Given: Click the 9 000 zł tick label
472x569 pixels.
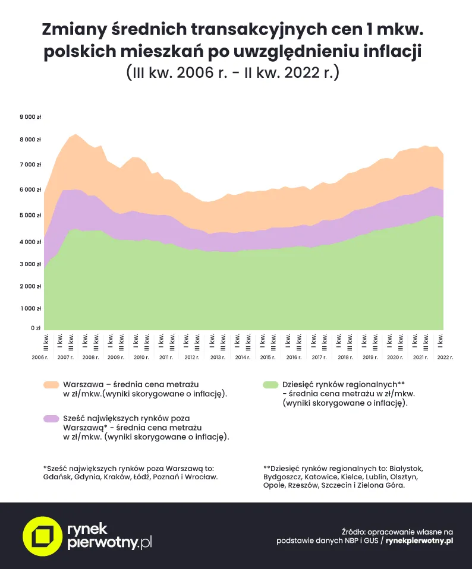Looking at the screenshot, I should (30, 117).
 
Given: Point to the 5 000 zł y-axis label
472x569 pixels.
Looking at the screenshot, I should (30, 215).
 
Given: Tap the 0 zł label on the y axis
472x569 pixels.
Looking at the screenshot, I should (35, 327).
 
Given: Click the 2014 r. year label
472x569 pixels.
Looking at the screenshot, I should (243, 358).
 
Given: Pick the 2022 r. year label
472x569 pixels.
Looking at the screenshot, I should (445, 358).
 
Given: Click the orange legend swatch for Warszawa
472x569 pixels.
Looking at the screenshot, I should (51, 385).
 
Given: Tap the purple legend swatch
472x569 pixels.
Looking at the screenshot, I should (51, 419).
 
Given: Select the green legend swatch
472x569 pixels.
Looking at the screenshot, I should (270, 385).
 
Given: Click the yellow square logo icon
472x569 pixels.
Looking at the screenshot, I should (42, 536).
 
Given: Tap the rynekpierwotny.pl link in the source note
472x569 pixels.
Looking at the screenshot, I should (419, 541).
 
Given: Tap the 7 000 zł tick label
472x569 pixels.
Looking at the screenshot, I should (30, 165).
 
